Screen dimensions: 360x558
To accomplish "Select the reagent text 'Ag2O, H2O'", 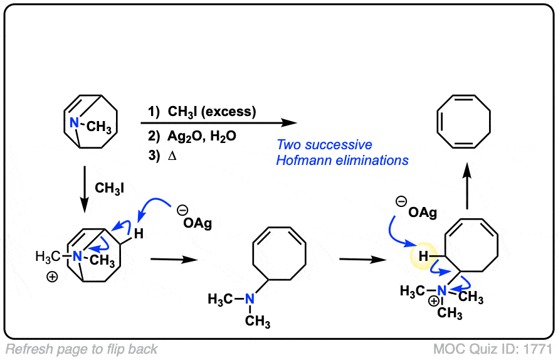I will click(201, 135).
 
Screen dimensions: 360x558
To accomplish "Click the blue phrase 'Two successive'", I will click(324, 144).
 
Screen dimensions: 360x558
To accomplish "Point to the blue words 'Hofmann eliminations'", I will click(342, 161).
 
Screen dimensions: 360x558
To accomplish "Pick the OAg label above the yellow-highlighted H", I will click(422, 213).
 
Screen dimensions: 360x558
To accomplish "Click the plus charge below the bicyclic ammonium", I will click(53, 277).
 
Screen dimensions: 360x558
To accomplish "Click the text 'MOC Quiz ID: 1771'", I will click(493, 349).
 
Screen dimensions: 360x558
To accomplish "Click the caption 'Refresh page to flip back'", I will click(82, 349).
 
